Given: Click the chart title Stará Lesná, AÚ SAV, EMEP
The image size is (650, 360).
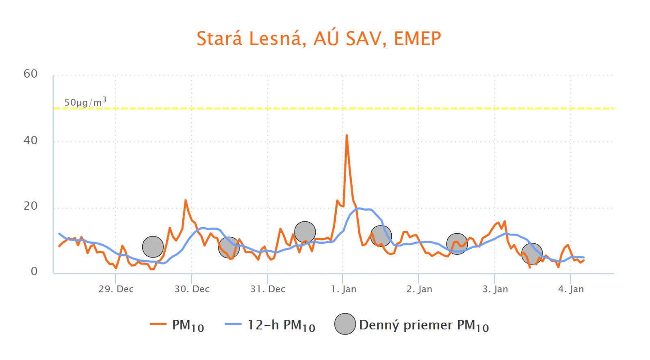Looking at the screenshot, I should click(x=318, y=39).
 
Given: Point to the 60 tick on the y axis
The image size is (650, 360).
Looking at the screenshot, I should click(x=30, y=74).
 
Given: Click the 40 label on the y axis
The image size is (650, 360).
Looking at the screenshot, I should click(x=30, y=141).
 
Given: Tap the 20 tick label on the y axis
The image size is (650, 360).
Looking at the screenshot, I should click(x=30, y=206).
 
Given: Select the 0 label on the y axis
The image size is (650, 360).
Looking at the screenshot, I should click(x=34, y=271).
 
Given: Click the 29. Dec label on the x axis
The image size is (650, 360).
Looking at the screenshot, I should click(x=116, y=289).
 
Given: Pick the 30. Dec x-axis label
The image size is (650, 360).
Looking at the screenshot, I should click(x=192, y=289).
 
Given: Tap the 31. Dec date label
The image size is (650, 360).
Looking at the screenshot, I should click(x=268, y=289).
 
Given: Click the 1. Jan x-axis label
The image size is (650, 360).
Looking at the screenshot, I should click(x=343, y=289).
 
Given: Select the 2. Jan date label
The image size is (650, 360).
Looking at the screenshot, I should click(x=419, y=289).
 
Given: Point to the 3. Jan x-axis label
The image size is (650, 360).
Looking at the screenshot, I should click(x=495, y=289).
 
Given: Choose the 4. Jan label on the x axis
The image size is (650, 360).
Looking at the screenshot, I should click(x=571, y=289).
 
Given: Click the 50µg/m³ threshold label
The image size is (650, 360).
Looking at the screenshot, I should click(x=85, y=102).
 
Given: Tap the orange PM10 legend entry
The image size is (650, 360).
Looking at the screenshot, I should click(x=177, y=325).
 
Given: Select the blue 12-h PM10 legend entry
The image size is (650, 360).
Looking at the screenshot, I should click(x=270, y=325).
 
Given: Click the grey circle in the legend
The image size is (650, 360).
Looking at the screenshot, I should click(x=345, y=324).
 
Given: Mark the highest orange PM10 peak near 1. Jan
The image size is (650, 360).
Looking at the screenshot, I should click(x=347, y=136).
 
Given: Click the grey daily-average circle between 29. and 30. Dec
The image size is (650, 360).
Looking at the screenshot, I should click(x=153, y=247).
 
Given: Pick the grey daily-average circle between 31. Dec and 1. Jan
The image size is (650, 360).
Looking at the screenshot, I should click(x=305, y=232).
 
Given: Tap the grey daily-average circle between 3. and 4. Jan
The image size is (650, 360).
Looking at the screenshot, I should click(x=532, y=254).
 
